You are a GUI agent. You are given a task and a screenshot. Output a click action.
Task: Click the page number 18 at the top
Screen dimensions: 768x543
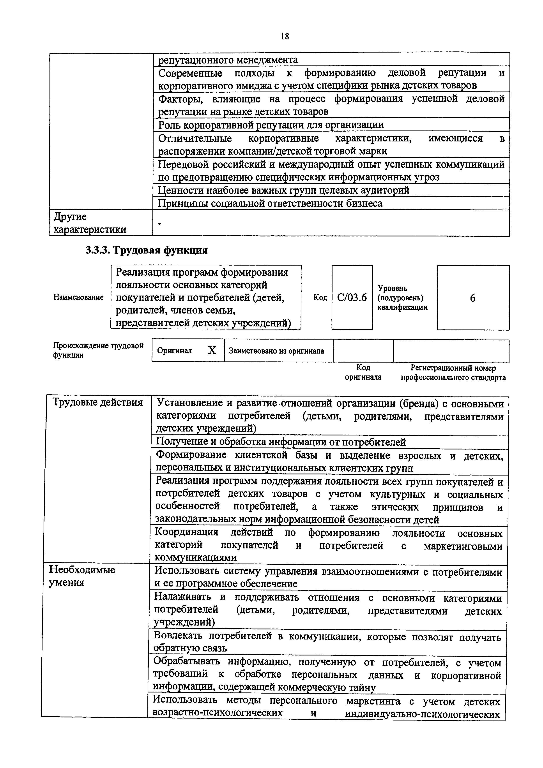[x=285, y=36]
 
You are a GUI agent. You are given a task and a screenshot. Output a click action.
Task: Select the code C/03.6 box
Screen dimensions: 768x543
[x=352, y=297]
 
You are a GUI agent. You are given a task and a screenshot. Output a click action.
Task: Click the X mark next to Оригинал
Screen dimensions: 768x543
[x=212, y=351]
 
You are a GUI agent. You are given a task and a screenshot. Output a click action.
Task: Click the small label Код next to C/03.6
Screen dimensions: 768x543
[x=320, y=297]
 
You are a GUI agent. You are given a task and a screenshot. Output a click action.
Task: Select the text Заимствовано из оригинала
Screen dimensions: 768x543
[x=276, y=351]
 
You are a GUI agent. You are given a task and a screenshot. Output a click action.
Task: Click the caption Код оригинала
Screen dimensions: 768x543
[x=363, y=372]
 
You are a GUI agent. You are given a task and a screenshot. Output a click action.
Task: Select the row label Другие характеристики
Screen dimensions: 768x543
[x=90, y=223]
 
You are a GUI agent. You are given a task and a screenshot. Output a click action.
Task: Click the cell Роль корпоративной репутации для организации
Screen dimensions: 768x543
[x=271, y=125]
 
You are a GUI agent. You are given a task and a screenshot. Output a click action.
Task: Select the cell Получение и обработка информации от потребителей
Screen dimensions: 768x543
[x=281, y=442]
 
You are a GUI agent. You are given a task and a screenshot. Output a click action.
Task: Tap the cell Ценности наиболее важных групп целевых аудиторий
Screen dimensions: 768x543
[x=283, y=190]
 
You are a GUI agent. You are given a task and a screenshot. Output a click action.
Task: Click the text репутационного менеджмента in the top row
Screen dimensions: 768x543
[x=228, y=60]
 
